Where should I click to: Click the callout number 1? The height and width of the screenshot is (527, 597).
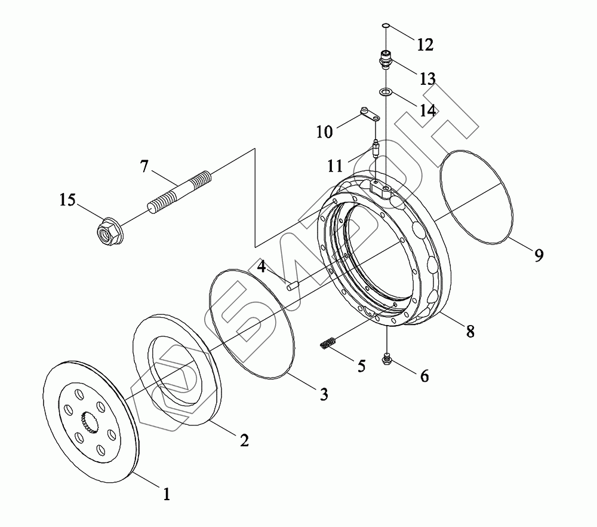[167, 494]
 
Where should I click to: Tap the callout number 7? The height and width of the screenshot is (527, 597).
[144, 166]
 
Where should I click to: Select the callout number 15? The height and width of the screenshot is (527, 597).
[67, 200]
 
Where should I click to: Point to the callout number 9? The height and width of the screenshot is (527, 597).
[538, 255]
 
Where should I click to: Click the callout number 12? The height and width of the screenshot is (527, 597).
[425, 44]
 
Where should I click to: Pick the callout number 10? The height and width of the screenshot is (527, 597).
[324, 131]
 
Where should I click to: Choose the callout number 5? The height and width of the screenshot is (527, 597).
[361, 365]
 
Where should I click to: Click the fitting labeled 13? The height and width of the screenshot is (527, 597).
[386, 60]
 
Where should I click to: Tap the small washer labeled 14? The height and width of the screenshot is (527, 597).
[386, 92]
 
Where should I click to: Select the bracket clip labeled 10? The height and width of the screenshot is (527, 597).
[369, 114]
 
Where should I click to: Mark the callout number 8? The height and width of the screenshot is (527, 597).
[470, 331]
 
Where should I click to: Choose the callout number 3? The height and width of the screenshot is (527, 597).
[323, 394]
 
